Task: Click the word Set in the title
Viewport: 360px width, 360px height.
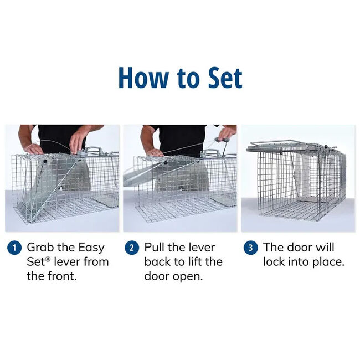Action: [220, 78]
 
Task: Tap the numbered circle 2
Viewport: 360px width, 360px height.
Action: [132, 248]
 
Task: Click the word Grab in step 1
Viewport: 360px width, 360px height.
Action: [42, 248]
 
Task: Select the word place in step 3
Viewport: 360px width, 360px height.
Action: [326, 261]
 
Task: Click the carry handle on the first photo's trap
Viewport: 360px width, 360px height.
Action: [94, 150]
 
